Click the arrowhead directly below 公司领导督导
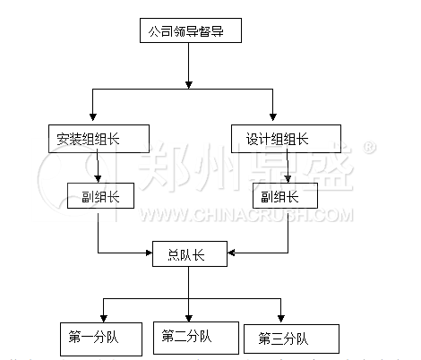coord(188,85)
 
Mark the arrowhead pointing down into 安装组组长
coord(93,116)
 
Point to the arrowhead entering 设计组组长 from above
coord(272,116)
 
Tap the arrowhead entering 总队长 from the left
coord(149,253)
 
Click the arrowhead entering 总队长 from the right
coord(231,253)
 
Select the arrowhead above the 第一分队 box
coord(104,319)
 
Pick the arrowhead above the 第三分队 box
coord(280,319)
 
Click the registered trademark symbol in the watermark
coord(369,148)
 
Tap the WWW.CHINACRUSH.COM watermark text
coord(245,215)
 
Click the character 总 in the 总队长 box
coord(174,255)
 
